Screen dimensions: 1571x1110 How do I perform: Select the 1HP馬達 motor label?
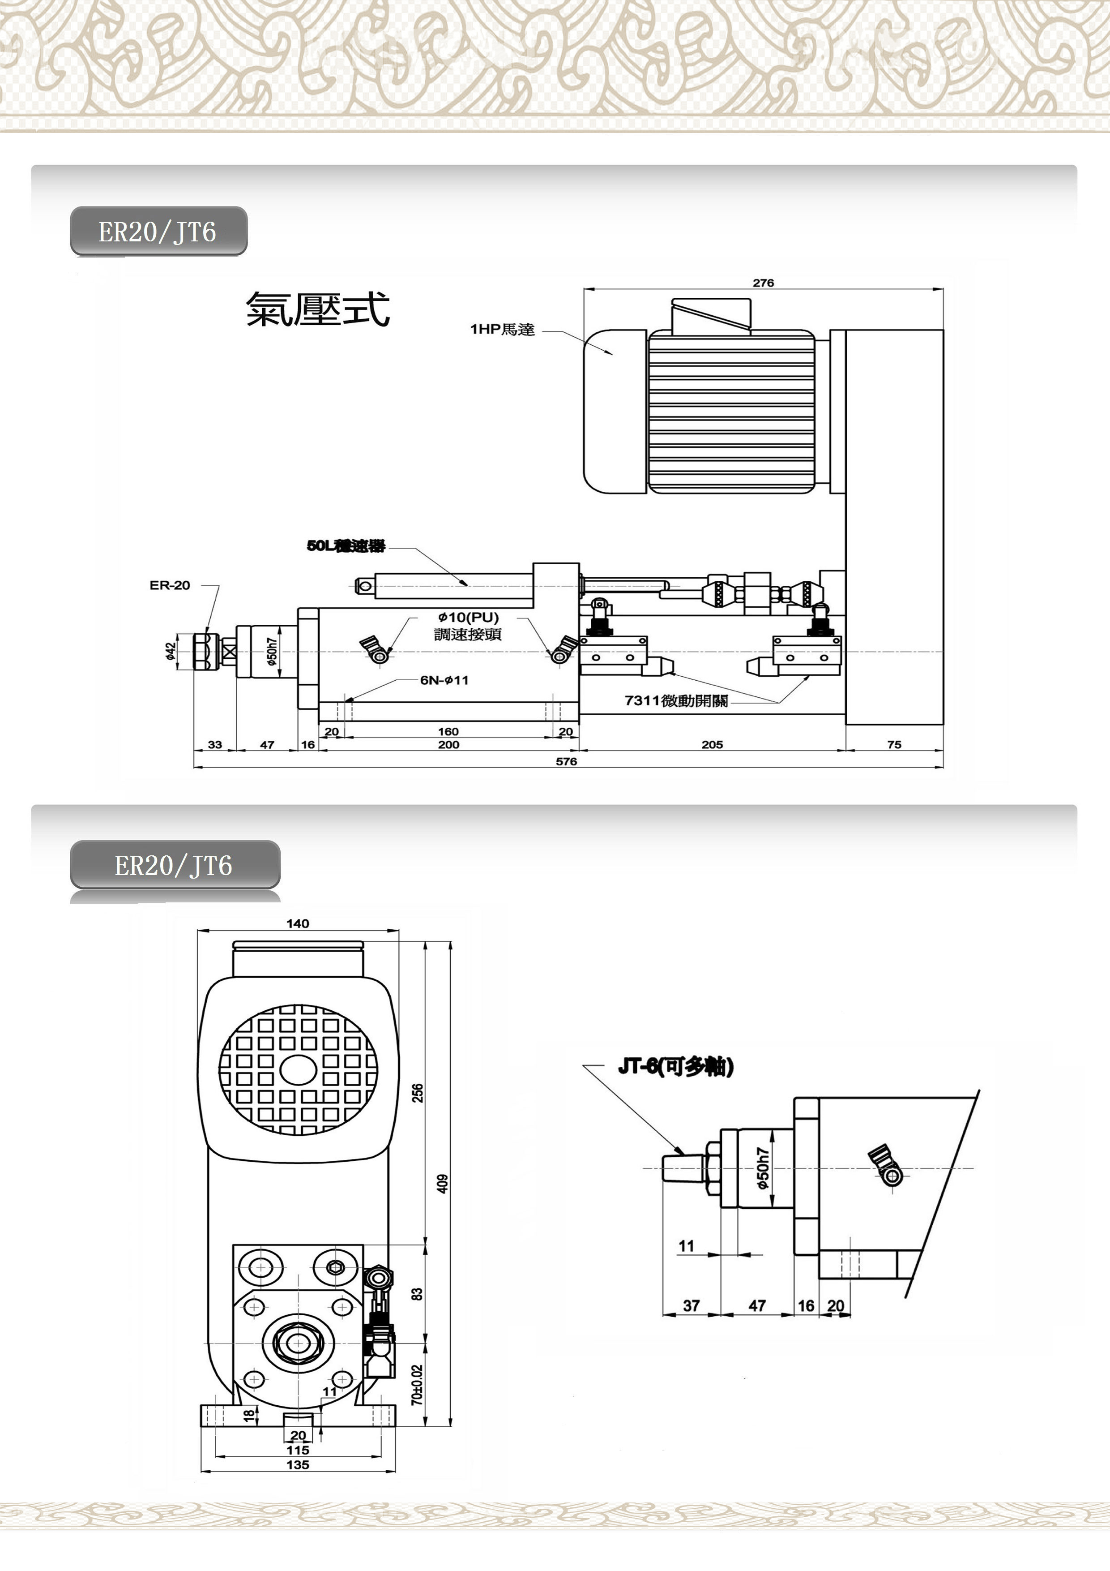click(502, 330)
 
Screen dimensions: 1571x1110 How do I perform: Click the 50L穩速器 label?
click(346, 546)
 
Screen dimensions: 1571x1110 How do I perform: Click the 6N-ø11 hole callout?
click(444, 680)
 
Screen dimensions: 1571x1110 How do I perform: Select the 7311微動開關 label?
click(676, 701)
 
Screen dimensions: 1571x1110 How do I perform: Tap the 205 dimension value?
click(712, 744)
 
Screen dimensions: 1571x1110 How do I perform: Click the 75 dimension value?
click(894, 744)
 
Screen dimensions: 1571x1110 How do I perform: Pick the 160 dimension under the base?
click(448, 731)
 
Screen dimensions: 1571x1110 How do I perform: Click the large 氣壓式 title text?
click(318, 309)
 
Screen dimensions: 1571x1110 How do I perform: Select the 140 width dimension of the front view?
click(298, 924)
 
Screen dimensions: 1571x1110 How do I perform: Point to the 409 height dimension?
click(443, 1184)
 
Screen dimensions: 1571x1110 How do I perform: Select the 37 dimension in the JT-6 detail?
click(692, 1305)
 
